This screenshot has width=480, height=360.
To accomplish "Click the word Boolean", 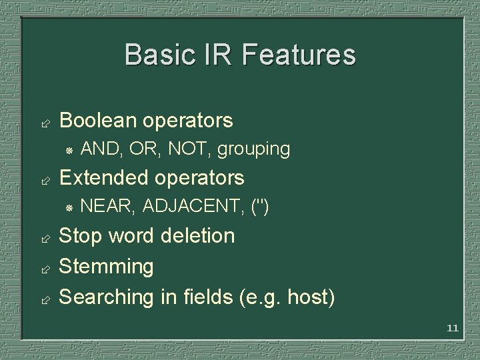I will [x=98, y=121].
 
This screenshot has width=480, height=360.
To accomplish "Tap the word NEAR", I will [x=107, y=207].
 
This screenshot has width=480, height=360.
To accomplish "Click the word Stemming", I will [x=107, y=267].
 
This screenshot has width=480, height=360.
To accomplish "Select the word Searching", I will [x=107, y=297].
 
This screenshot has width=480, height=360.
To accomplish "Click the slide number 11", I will [x=453, y=328].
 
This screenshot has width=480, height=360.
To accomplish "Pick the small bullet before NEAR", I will [x=69, y=208].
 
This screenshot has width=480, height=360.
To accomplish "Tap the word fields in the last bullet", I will [x=205, y=297].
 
